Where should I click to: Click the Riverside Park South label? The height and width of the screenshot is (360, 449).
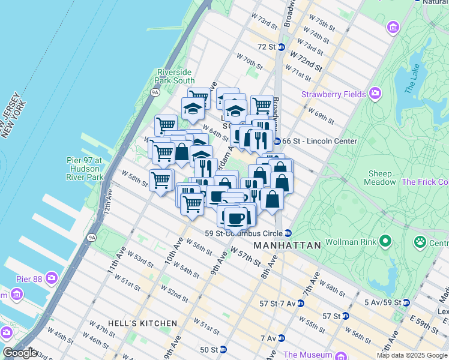[x=175, y=76]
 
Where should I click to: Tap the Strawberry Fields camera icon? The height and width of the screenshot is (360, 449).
[x=376, y=94]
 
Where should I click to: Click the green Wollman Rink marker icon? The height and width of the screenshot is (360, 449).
[x=384, y=242]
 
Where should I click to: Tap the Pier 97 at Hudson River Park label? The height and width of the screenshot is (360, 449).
[x=85, y=169]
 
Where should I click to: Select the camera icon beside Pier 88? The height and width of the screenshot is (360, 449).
[x=52, y=278]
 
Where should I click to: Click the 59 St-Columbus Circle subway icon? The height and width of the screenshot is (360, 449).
[x=288, y=233]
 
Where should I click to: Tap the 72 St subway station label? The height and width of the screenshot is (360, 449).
[x=266, y=46]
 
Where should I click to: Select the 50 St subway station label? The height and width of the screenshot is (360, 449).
[x=208, y=349]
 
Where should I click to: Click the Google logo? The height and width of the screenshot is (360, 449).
[x=20, y=353]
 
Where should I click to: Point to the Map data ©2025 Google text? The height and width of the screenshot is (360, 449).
[x=412, y=355]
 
